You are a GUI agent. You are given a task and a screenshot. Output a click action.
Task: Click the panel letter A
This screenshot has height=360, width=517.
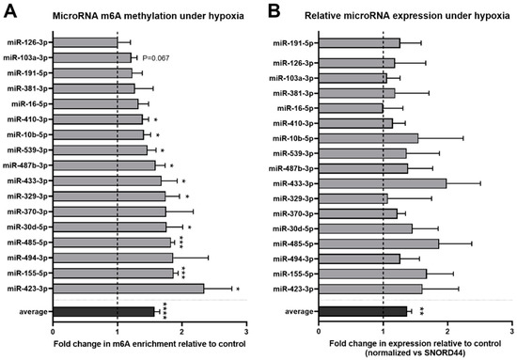[8, 13]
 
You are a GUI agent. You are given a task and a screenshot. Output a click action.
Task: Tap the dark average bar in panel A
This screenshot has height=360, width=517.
[103, 311]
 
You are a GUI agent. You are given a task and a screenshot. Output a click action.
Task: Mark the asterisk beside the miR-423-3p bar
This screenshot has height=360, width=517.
[239, 290]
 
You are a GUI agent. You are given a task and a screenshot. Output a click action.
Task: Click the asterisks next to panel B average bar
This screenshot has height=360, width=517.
[424, 311]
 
